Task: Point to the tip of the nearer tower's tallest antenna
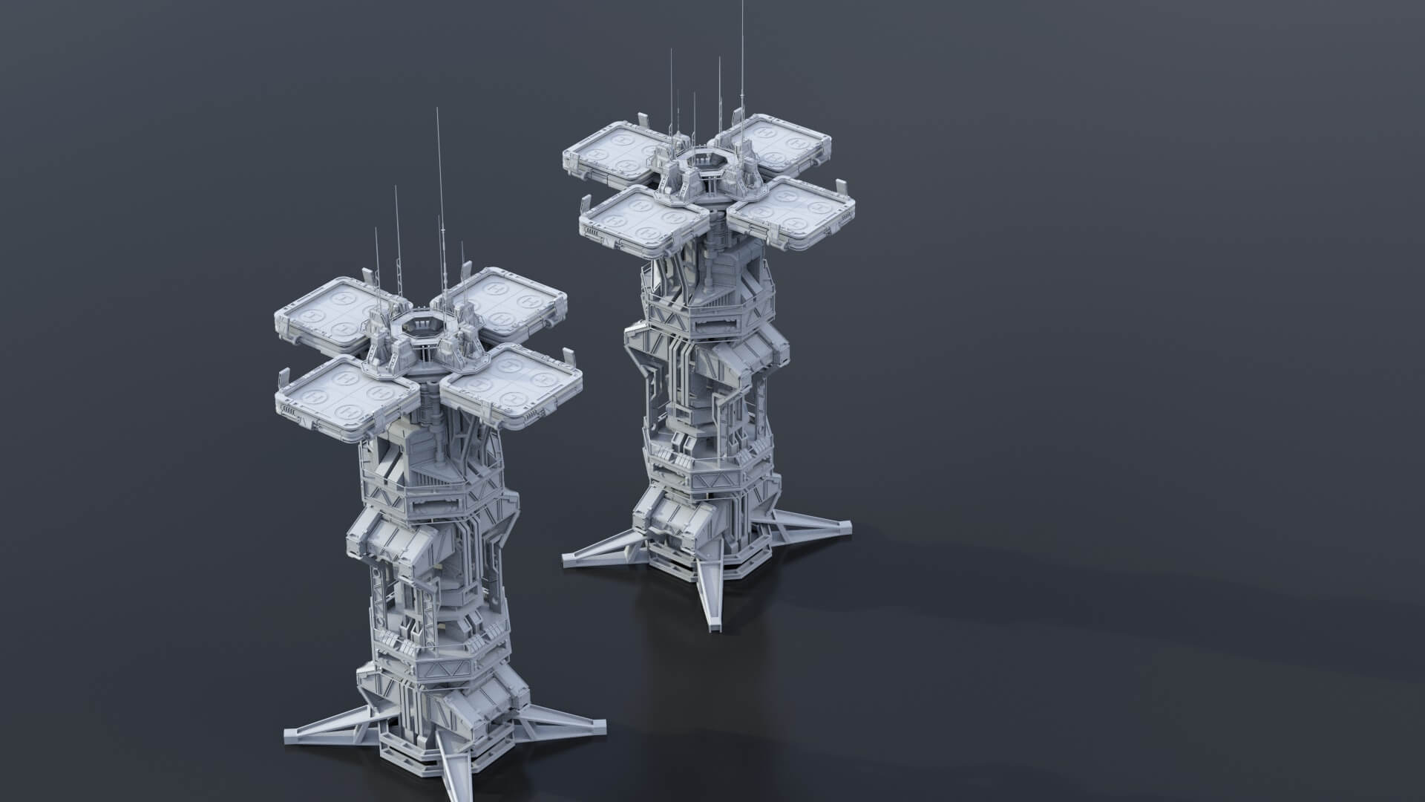point(437,110)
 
